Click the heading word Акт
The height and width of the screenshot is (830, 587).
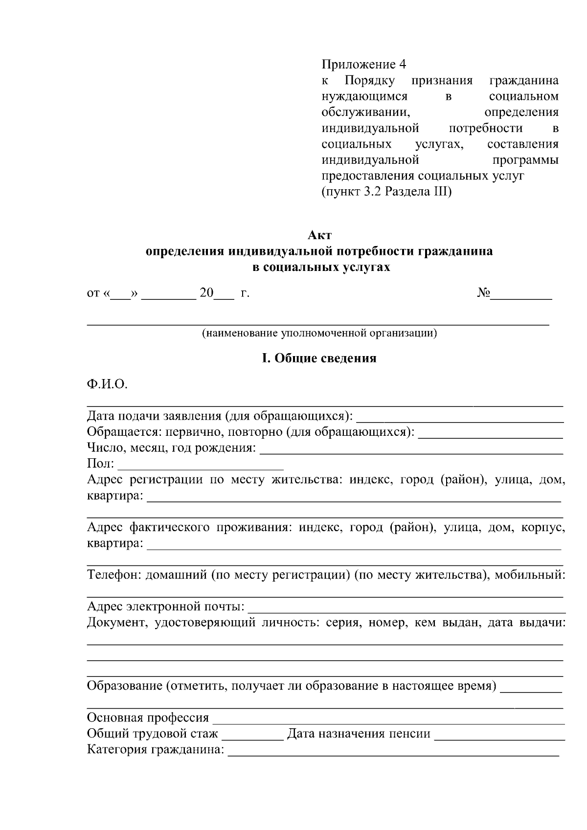pos(319,235)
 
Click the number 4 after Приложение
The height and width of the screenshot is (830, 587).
pos(402,65)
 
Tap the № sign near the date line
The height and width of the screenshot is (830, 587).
pos(483,293)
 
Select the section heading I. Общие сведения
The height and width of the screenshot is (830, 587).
pos(319,359)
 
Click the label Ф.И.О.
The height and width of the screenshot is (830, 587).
pos(107,384)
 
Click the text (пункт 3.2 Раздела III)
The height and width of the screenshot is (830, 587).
pos(386,192)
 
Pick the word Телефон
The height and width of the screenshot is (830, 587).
pos(114,575)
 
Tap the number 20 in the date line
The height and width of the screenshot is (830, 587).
pos(206,293)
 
